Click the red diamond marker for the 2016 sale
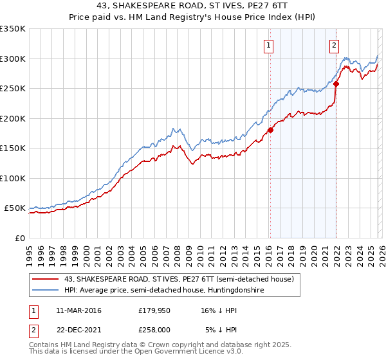(270, 130)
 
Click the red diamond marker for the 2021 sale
(336, 83)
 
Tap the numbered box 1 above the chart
(268, 45)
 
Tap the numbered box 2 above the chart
(335, 45)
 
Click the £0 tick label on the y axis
(19, 238)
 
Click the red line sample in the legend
(46, 279)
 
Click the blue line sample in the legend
(46, 290)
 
